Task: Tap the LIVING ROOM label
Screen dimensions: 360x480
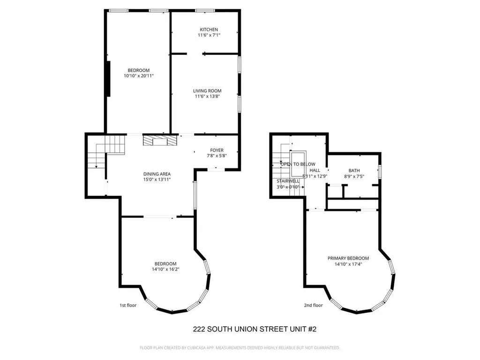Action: [x=207, y=91]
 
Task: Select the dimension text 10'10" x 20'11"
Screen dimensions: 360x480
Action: [x=138, y=76]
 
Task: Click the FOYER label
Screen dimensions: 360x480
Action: [x=217, y=150]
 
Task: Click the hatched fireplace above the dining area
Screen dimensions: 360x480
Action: [x=160, y=141]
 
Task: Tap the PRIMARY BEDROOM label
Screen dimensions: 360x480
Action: [x=348, y=258]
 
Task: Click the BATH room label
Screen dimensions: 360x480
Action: [x=354, y=171]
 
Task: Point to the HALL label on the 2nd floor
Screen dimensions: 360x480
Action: [x=315, y=170]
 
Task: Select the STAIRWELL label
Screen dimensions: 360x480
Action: [x=288, y=181]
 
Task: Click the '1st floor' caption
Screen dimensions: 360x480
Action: [x=127, y=305]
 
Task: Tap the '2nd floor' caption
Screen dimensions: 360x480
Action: [x=313, y=305]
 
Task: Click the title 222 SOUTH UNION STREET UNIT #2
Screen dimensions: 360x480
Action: [x=255, y=330]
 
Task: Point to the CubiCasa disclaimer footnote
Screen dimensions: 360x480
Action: [x=240, y=348]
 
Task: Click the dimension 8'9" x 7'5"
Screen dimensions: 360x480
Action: [x=354, y=177]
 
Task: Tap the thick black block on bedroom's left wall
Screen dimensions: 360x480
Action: [x=108, y=78]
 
